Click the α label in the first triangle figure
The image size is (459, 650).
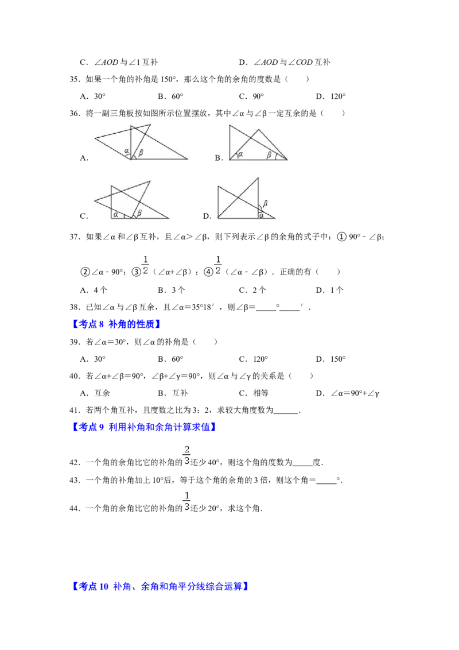[127, 152]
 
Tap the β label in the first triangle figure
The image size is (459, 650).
[141, 152]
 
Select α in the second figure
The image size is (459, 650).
[240, 153]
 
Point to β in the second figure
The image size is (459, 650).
[268, 154]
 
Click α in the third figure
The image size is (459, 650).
[116, 214]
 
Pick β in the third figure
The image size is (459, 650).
[139, 213]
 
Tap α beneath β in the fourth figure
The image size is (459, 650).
[262, 215]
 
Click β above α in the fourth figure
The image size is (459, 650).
[265, 203]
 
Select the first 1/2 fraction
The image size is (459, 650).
[145, 264]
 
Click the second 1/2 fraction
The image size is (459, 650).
[218, 264]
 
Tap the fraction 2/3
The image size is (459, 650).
[186, 455]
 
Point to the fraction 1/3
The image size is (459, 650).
[186, 501]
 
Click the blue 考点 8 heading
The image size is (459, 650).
[117, 324]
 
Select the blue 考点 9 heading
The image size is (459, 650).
[145, 427]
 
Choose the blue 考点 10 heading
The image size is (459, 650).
[161, 586]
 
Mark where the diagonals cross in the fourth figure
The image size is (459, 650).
[238, 198]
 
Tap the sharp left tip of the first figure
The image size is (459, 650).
[95, 138]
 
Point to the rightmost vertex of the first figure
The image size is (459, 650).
[188, 158]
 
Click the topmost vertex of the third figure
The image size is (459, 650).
[151, 181]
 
